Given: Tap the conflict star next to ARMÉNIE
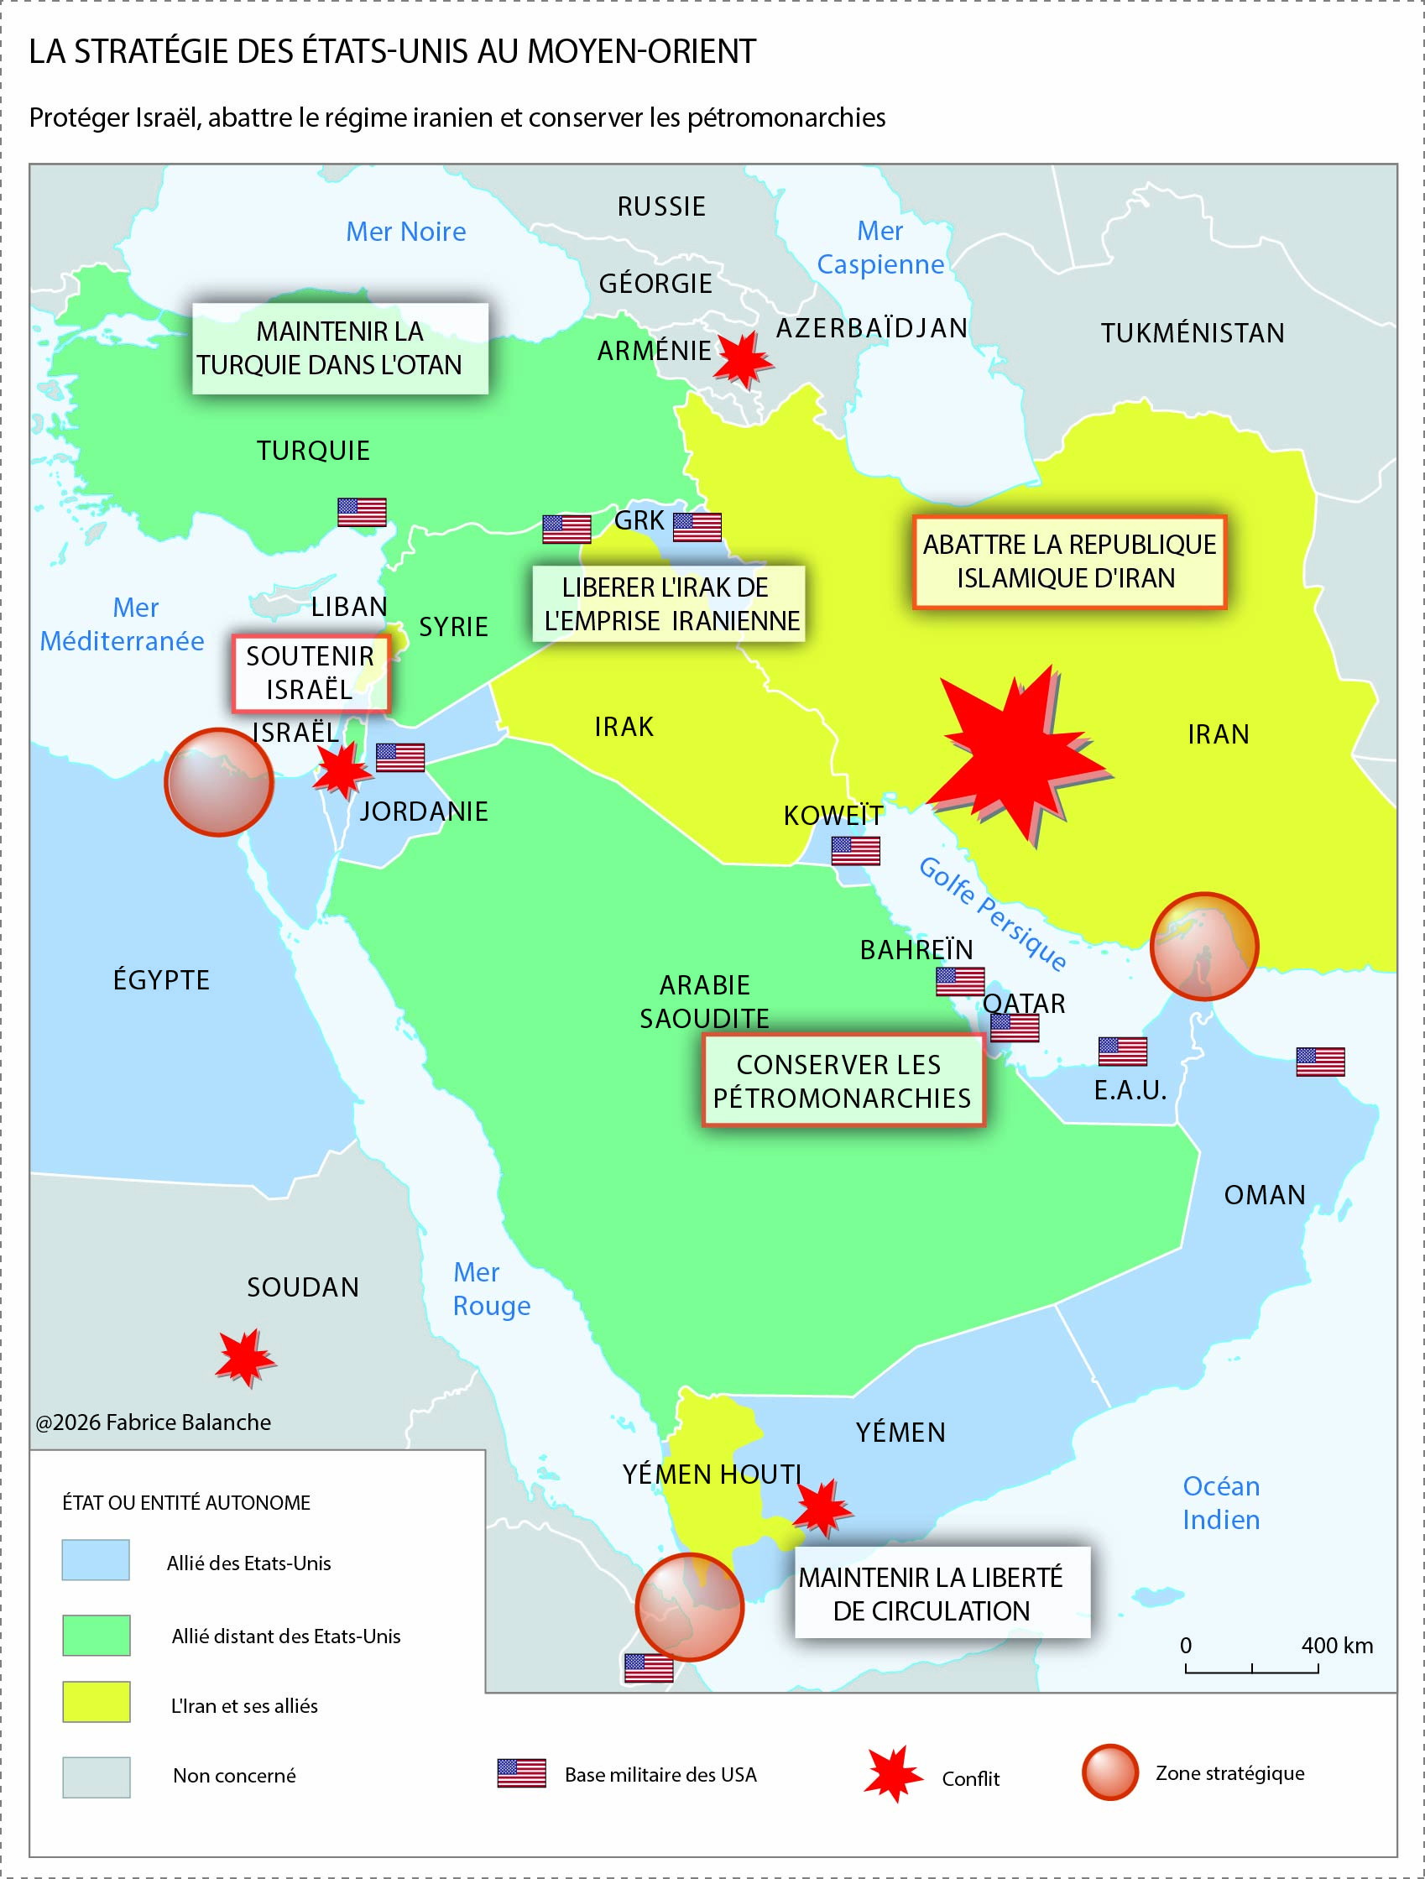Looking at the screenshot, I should coord(743,360).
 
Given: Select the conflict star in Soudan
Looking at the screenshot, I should coord(244,1356).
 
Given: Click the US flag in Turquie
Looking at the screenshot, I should coord(362,512).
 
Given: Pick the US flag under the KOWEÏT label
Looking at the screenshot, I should coord(855,850).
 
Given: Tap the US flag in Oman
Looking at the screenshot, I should coord(1320,1062).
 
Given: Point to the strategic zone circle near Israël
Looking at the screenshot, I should coord(219,781).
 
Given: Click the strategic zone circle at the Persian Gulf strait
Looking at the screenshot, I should coord(1203,946).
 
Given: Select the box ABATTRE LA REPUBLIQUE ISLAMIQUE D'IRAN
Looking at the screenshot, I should coord(1069,561).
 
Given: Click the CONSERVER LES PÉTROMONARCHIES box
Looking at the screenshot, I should coord(842,1081).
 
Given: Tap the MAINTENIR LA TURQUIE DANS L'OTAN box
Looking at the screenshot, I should coord(340,348).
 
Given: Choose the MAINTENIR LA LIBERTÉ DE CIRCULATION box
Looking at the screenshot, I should coord(942,1593).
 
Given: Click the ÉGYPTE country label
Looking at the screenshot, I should coord(161,979).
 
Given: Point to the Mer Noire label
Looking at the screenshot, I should coord(406,231).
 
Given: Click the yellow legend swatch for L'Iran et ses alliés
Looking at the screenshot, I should coord(96,1701).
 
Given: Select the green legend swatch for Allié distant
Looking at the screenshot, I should coord(96,1635).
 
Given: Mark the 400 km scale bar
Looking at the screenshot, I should coord(1251,1668).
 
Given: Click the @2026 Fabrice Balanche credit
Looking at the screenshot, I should coord(154,1422).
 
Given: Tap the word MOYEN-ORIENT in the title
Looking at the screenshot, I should coord(641,52).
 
